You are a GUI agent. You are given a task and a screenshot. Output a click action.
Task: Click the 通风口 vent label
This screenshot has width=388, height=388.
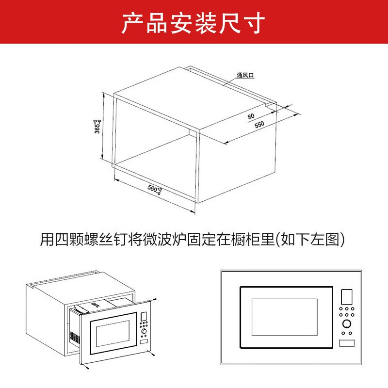(x=246, y=75)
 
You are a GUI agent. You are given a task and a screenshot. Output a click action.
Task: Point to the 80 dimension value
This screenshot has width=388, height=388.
(x=251, y=116)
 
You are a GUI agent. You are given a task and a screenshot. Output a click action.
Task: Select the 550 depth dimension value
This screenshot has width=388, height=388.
(x=259, y=125)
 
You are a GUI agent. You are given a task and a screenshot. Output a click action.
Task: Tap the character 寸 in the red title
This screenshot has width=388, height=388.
(x=256, y=22)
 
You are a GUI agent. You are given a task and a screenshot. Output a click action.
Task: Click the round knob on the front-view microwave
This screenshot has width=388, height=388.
(x=347, y=324)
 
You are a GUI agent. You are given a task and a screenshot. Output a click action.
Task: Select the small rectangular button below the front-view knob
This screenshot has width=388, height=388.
(x=347, y=343)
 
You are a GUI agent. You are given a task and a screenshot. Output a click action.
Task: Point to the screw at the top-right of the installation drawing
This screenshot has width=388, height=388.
(x=154, y=300)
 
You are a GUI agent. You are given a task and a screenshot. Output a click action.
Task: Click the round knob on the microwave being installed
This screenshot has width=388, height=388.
(x=144, y=332)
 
